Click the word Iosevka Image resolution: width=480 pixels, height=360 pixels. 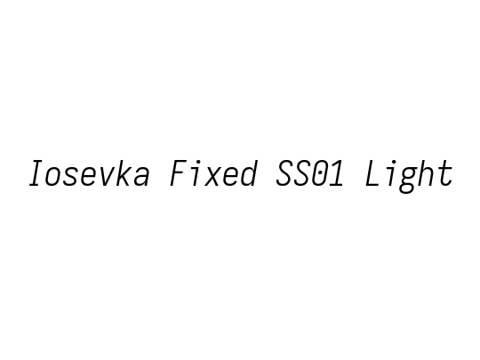pyautogui.click(x=89, y=173)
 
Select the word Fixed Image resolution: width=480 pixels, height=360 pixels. pyautogui.click(x=213, y=173)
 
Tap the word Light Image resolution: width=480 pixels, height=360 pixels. pyautogui.click(x=409, y=176)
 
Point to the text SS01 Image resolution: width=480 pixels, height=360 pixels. pyautogui.click(x=310, y=173)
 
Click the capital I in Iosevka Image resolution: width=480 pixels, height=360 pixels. pyautogui.click(x=36, y=173)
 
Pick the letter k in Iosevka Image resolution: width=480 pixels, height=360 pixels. pyautogui.click(x=123, y=173)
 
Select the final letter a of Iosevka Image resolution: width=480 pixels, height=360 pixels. pyautogui.click(x=140, y=177)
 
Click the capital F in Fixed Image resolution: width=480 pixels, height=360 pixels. pyautogui.click(x=179, y=173)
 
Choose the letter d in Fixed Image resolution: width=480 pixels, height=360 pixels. pyautogui.click(x=249, y=173)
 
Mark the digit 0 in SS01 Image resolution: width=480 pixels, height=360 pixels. pyautogui.click(x=319, y=173)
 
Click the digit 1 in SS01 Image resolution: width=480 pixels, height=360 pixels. pyautogui.click(x=336, y=173)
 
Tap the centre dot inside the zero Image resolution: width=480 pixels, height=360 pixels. pyautogui.click(x=320, y=173)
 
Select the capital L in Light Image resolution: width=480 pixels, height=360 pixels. pyautogui.click(x=372, y=173)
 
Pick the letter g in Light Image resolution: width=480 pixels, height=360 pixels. pyautogui.click(x=408, y=180)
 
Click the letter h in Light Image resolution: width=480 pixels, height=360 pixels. pyautogui.click(x=426, y=173)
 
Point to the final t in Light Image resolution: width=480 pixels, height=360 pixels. pyautogui.click(x=445, y=174)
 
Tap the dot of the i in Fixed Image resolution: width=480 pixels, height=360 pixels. pyautogui.click(x=199, y=161)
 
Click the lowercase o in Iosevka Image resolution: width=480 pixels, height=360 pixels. pyautogui.click(x=54, y=177)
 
